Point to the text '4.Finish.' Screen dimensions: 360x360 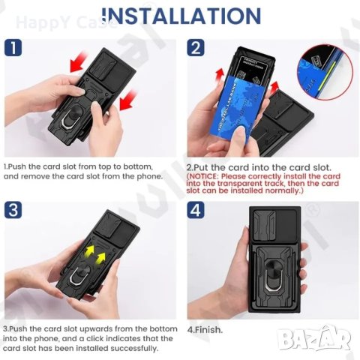coord(205,329)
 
